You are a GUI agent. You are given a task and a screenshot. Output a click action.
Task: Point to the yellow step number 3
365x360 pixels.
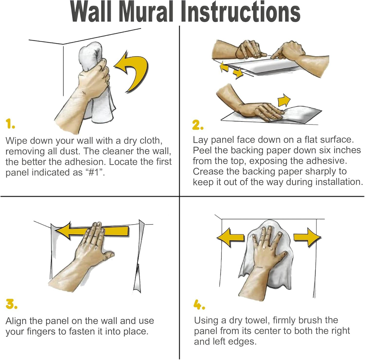[x=11, y=304]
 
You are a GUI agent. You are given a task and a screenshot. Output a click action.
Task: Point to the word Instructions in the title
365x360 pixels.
[x=241, y=12]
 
